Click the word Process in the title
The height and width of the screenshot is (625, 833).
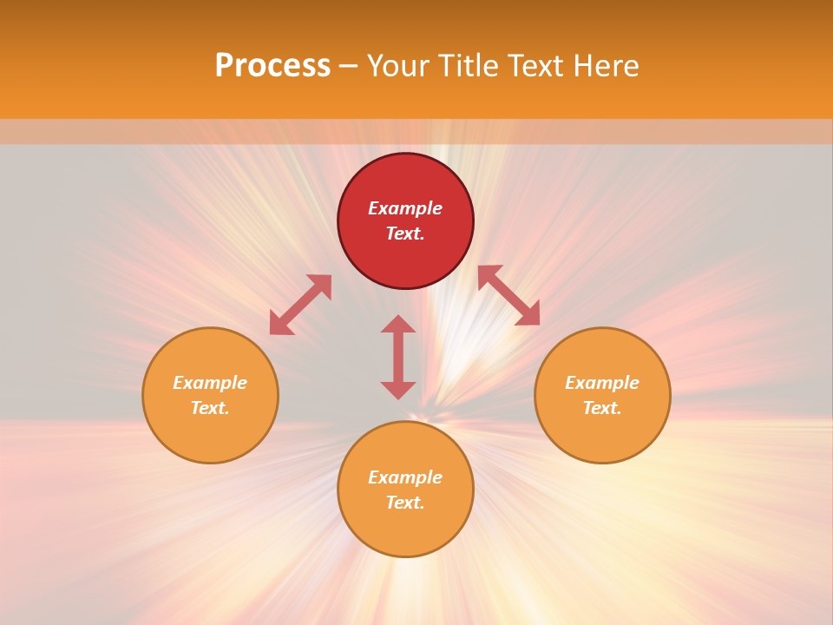pos(272,66)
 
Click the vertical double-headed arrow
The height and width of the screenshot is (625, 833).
pos(398,357)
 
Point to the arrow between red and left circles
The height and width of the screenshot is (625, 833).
pos(300,305)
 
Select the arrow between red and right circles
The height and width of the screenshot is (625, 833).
pos(508,295)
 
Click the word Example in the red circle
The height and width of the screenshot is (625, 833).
pos(405,208)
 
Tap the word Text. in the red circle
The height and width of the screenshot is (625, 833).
pos(405,234)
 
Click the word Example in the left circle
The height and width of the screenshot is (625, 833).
pos(210,383)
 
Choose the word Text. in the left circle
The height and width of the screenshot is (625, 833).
pos(210,408)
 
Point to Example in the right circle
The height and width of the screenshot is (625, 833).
pos(602,383)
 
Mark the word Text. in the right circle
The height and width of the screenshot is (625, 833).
pos(602,408)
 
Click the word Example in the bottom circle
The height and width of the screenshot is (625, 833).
pos(405,477)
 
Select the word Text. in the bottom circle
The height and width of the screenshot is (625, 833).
pos(405,503)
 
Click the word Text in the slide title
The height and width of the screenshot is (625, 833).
pos(535,66)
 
